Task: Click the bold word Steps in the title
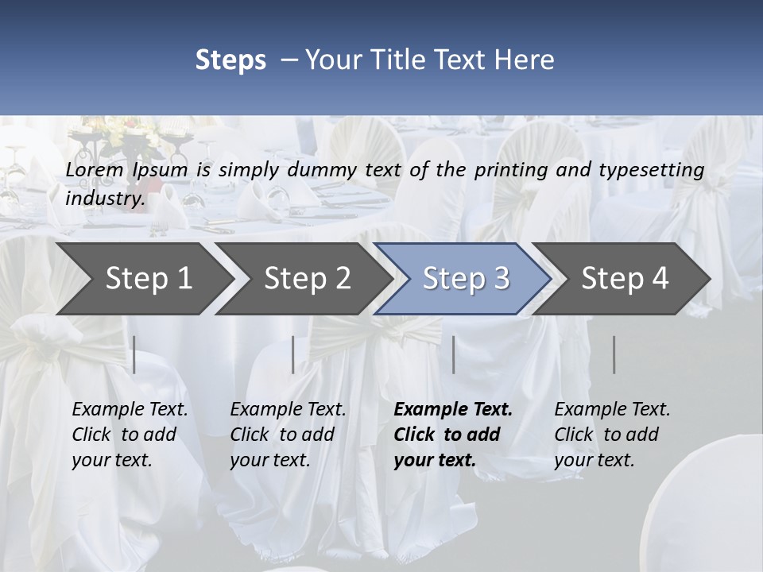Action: (x=230, y=60)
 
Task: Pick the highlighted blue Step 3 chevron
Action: (x=466, y=279)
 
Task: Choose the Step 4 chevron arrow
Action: (x=625, y=279)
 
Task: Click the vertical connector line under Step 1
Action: (x=134, y=354)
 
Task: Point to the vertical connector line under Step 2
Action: (x=293, y=354)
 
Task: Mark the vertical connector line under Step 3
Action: (x=454, y=354)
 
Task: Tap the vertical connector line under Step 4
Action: (x=614, y=354)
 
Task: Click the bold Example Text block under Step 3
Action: (x=453, y=435)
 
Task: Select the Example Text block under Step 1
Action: (x=130, y=435)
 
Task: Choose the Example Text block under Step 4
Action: (x=612, y=435)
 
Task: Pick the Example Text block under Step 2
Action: (x=288, y=435)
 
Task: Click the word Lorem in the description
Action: (x=95, y=170)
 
